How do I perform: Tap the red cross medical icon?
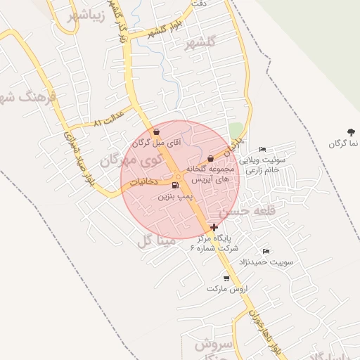click(x=214, y=227)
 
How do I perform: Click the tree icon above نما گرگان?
click(x=351, y=131)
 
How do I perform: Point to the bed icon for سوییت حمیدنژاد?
click(x=266, y=251)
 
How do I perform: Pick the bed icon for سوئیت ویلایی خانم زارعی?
click(x=262, y=149)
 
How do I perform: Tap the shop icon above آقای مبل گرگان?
click(x=156, y=131)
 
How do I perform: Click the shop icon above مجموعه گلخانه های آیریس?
click(x=210, y=159)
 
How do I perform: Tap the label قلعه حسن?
click(x=244, y=210)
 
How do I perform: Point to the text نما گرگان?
click(x=344, y=143)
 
